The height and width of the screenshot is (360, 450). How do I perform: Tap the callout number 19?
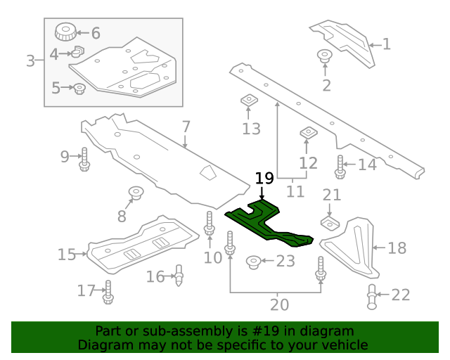click(x=264, y=179)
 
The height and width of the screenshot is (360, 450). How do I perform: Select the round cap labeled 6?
click(x=65, y=32)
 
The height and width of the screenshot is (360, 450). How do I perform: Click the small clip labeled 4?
click(x=78, y=52)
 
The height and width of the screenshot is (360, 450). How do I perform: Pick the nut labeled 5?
click(x=79, y=89)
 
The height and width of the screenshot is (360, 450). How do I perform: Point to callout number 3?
click(x=30, y=61)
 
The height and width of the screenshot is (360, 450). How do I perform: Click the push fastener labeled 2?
click(x=325, y=56)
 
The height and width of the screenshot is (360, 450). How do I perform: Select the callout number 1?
click(x=386, y=44)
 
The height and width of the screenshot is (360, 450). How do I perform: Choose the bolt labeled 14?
click(x=340, y=165)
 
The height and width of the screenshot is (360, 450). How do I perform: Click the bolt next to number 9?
click(x=84, y=157)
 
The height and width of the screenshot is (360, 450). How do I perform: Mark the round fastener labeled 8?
click(x=134, y=191)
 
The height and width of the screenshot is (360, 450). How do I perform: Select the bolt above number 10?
click(x=210, y=224)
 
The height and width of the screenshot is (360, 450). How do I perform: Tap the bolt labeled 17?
click(x=108, y=291)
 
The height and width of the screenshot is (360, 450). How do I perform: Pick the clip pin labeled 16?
click(x=179, y=275)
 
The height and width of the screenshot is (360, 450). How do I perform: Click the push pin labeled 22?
click(x=372, y=296)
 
